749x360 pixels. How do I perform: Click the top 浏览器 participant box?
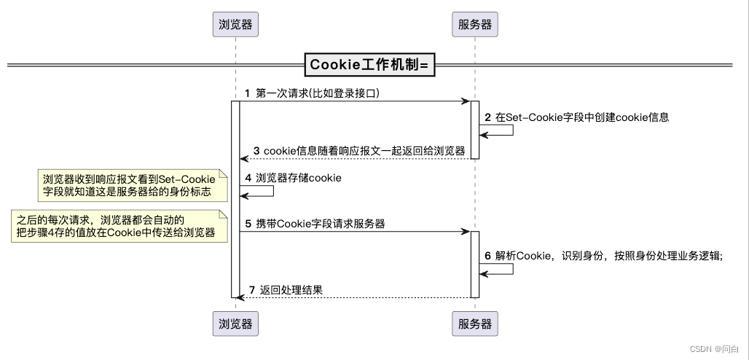click(x=236, y=24)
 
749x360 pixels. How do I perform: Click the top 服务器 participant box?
click(x=475, y=24)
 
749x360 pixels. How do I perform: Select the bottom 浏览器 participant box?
click(x=236, y=323)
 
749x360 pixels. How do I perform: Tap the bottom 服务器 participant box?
click(x=475, y=323)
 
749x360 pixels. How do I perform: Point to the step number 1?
click(x=248, y=94)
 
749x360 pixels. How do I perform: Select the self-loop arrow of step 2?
click(x=503, y=130)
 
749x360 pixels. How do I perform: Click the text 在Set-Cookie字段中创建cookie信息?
click(x=582, y=117)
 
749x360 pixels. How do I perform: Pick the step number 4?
click(x=248, y=178)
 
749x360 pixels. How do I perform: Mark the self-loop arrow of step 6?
click(x=503, y=269)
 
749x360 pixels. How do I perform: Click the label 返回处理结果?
click(x=291, y=290)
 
